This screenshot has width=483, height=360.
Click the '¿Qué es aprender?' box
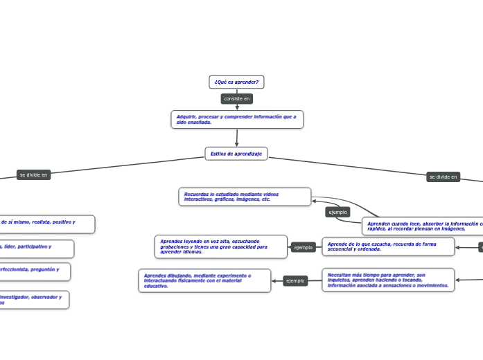tap(236, 82)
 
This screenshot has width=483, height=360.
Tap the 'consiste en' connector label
tap(236, 99)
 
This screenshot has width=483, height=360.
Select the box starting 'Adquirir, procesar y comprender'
tap(237, 119)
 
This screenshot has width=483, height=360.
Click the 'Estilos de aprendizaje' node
tap(236, 154)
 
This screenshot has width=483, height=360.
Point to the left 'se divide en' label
tap(34, 175)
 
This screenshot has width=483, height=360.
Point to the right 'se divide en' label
tap(444, 177)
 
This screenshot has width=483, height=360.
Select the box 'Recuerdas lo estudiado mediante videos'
tap(245, 197)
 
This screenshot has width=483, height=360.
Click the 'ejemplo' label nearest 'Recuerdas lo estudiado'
tap(338, 212)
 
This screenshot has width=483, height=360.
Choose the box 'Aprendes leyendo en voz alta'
tap(220, 246)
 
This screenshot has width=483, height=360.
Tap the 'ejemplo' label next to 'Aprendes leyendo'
tap(304, 247)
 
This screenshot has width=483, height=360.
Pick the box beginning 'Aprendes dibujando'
tap(204, 280)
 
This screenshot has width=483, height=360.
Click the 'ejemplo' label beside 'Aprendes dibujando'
tap(295, 280)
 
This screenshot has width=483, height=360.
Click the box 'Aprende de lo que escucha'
tap(388, 246)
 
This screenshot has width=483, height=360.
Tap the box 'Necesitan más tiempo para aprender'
tap(388, 280)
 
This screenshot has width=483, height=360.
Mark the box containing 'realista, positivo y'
tap(46, 224)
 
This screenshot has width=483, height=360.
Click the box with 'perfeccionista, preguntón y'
tap(35, 271)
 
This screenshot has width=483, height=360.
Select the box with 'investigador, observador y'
tap(34, 299)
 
